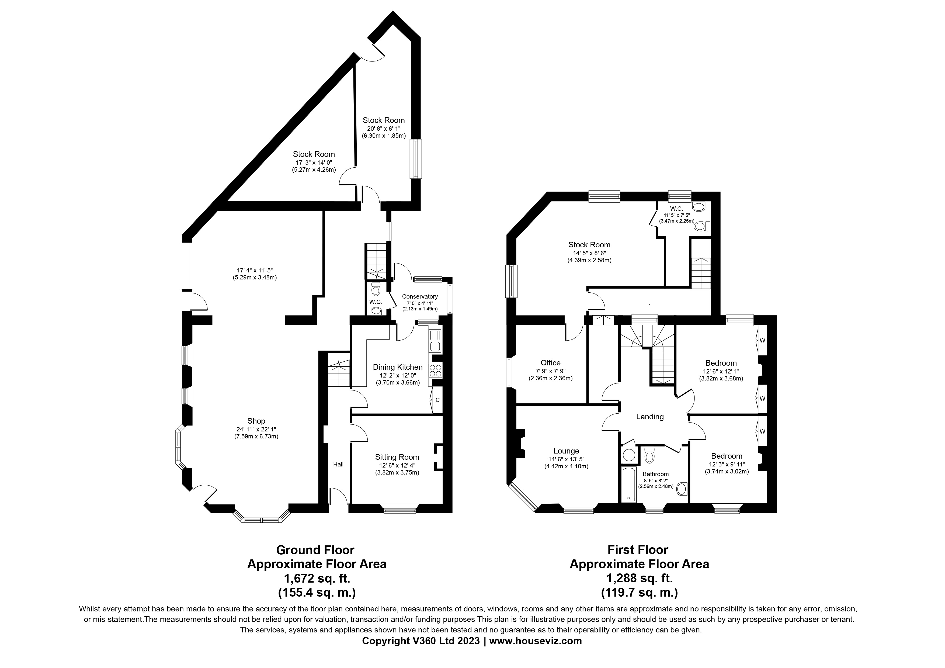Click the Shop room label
point(256,421)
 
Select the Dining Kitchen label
point(398,367)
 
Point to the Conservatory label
point(420,296)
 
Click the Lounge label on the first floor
point(566,451)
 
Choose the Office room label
point(551,363)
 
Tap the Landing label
point(650,417)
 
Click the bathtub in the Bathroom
point(628,484)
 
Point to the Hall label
point(338,464)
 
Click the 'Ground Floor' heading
point(315,550)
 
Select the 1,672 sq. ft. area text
point(317,578)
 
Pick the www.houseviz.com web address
point(536,641)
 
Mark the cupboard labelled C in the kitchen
point(437,400)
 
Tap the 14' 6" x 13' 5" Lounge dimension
point(566,459)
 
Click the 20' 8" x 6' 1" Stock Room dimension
point(384,129)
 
